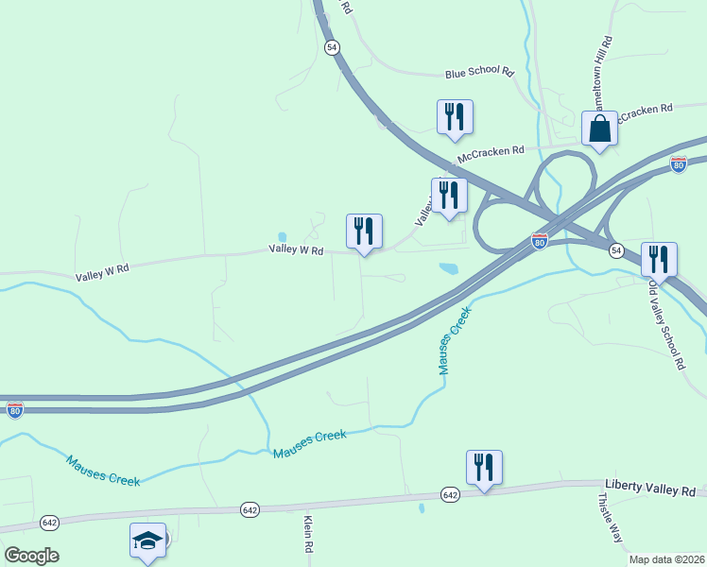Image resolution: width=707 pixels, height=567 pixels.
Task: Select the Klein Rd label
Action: [308, 535]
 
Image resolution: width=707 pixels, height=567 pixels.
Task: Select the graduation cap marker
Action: [147, 541]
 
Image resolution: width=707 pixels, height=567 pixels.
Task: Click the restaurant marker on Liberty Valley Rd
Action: [483, 468]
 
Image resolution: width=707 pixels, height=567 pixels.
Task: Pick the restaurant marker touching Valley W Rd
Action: [364, 232]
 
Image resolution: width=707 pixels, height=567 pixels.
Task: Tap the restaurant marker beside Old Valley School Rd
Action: [659, 261]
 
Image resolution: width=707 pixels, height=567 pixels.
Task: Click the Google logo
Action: [31, 556]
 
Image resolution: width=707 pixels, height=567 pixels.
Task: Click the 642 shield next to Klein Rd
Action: [250, 509]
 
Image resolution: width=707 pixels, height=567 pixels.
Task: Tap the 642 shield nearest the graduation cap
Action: [49, 523]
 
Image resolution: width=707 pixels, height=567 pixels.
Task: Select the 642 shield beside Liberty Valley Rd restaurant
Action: [450, 494]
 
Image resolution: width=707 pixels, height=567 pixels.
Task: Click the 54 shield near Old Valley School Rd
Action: [616, 249]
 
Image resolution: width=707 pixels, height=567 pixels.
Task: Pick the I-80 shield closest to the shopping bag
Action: [678, 163]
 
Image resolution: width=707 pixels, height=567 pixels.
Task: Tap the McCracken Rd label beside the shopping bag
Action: [645, 112]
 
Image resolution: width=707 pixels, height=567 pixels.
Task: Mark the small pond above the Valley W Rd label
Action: [282, 237]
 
